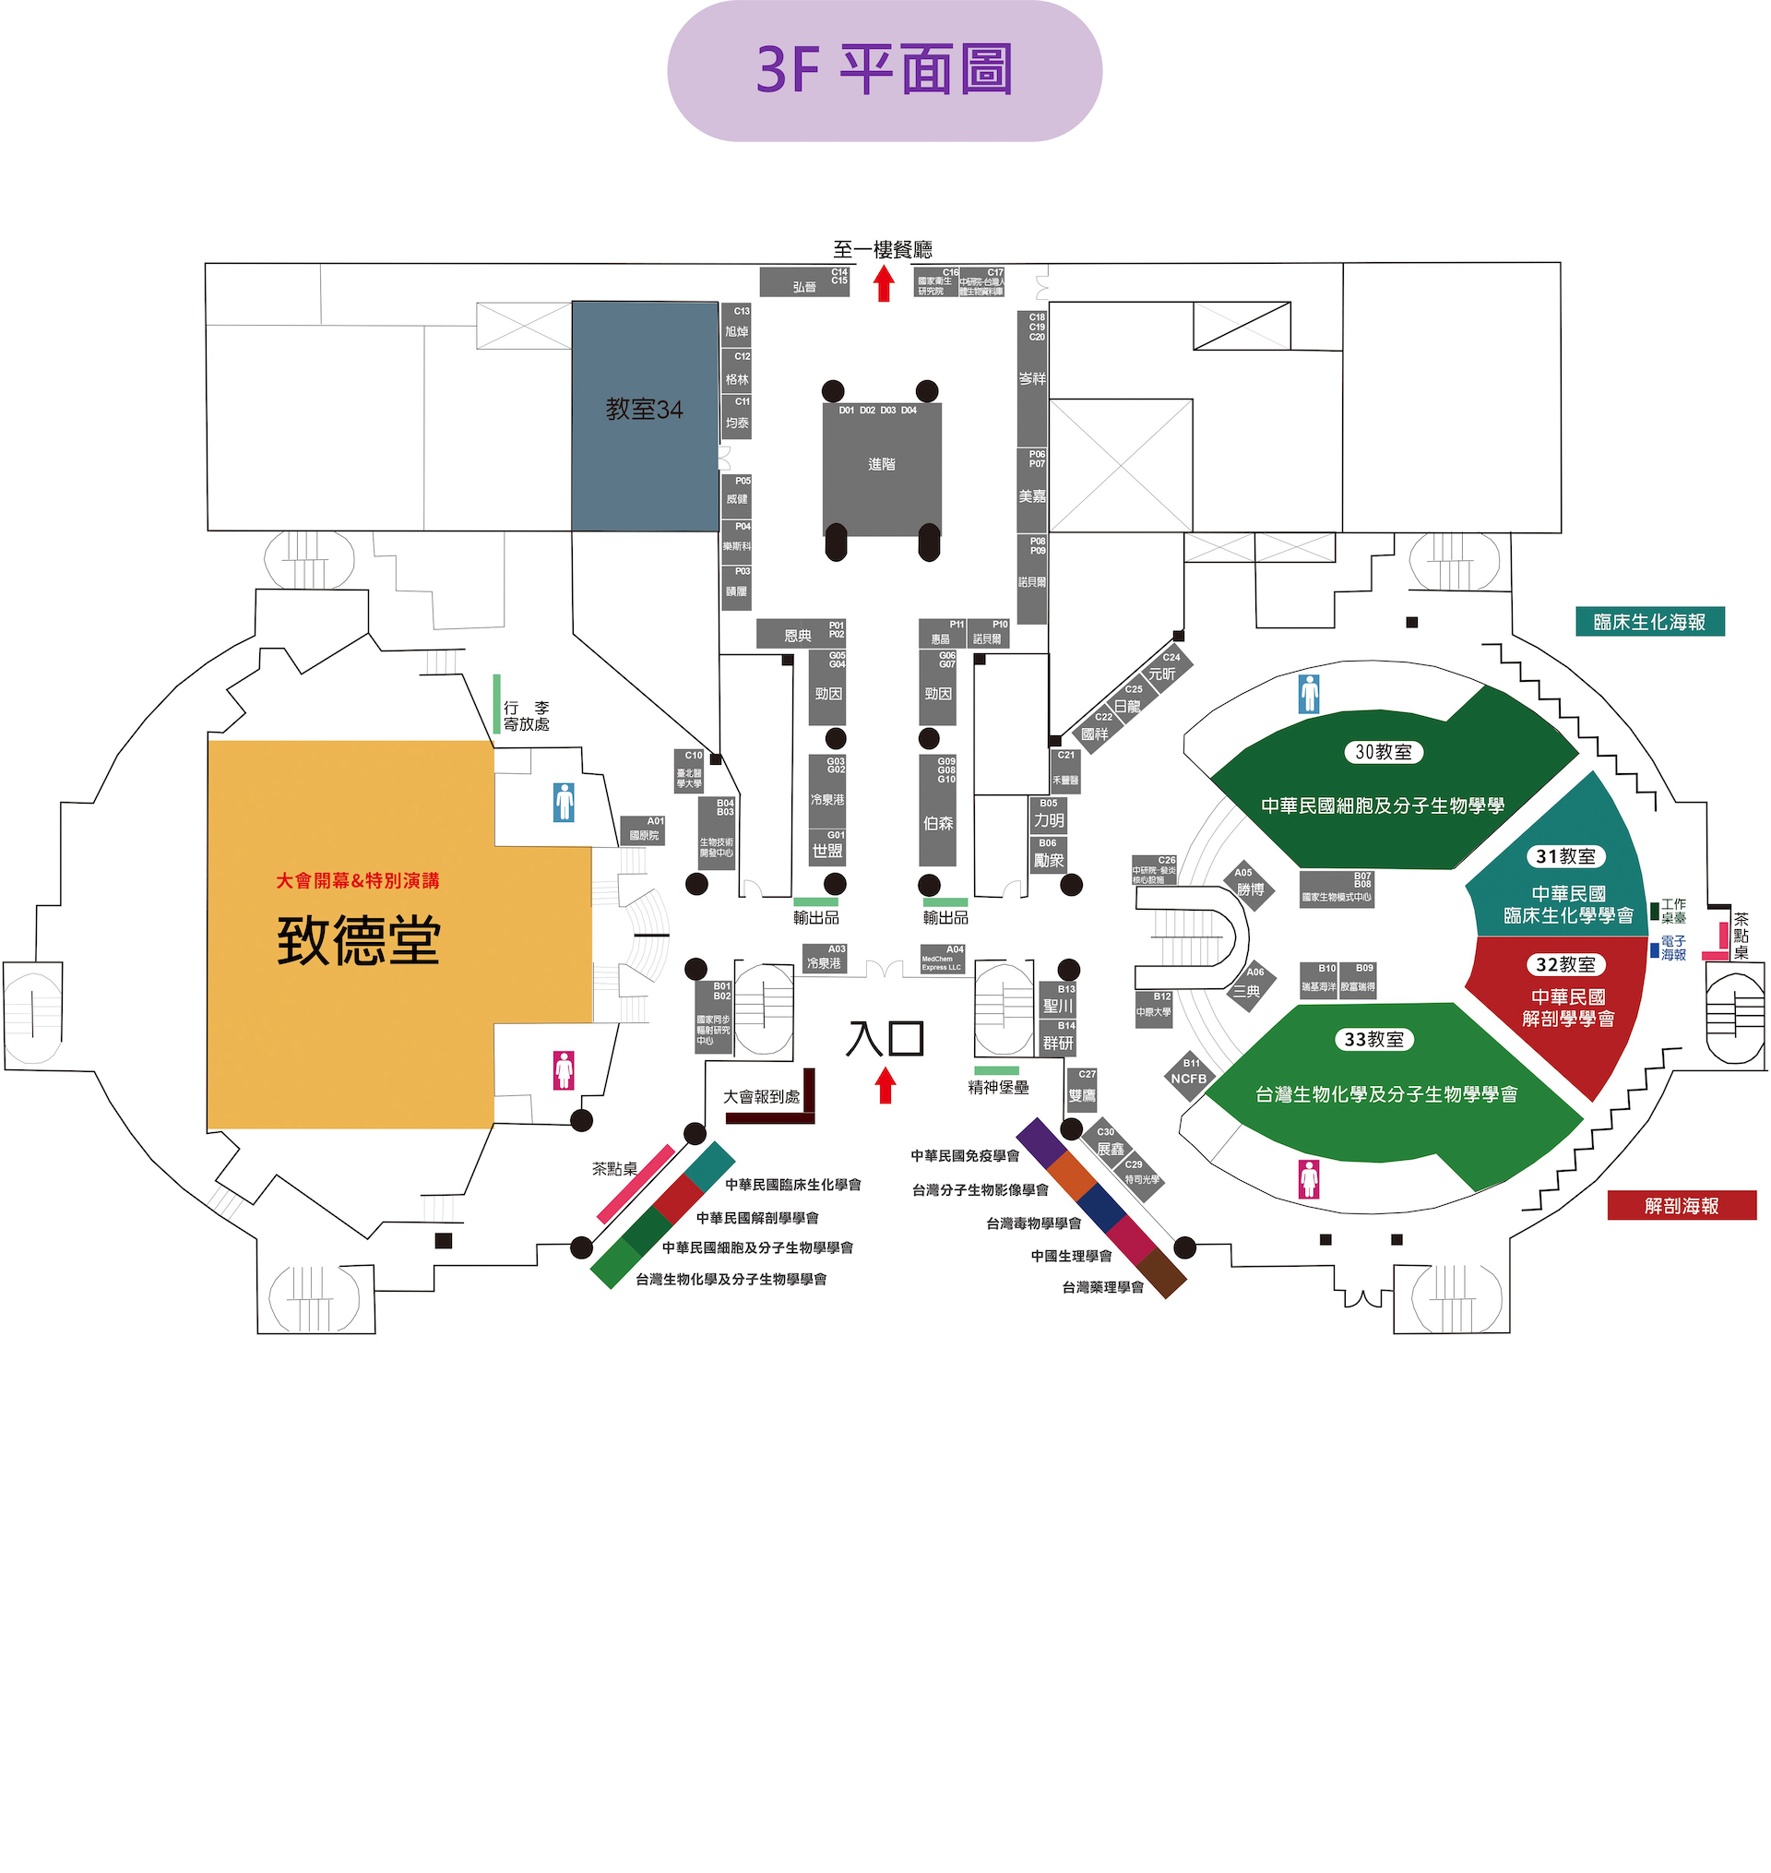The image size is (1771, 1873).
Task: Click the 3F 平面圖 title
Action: tap(885, 70)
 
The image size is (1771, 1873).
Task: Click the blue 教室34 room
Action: tap(645, 415)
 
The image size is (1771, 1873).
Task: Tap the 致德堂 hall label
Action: tap(359, 940)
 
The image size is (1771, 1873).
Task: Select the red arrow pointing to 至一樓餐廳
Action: tap(885, 284)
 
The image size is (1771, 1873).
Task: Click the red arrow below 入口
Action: tap(885, 1085)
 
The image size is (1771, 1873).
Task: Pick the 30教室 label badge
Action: tap(1383, 752)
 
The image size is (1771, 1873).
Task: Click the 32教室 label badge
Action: tap(1565, 965)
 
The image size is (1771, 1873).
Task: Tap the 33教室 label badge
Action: tap(1373, 1040)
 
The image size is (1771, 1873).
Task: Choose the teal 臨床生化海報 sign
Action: tap(1649, 622)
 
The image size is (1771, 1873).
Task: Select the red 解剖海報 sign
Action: tap(1682, 1206)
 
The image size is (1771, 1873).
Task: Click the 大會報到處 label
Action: tap(761, 1097)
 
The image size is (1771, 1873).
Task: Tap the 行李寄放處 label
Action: tap(526, 716)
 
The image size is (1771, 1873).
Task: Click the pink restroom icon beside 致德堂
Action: tap(564, 1070)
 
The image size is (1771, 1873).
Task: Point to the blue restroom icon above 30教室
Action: tap(1309, 694)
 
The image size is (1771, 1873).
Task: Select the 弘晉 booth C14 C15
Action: tap(804, 282)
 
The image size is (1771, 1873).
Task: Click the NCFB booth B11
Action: tap(1189, 1075)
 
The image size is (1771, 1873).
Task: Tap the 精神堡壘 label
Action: tap(998, 1088)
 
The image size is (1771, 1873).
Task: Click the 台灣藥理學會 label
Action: tap(1102, 1288)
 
